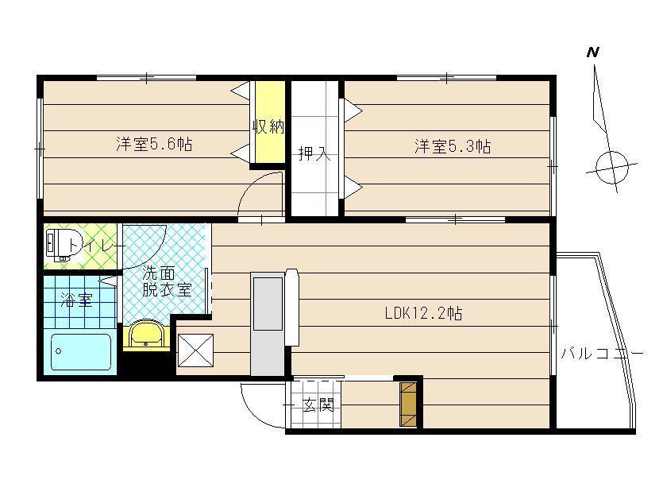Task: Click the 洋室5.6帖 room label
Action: tap(154, 145)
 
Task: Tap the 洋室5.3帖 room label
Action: tap(453, 146)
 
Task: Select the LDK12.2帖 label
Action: tap(423, 313)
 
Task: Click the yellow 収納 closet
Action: tap(269, 122)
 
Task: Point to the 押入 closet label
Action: tap(314, 153)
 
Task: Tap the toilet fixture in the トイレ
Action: tap(64, 245)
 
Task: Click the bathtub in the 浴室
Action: tap(81, 352)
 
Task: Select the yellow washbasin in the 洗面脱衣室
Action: tap(146, 333)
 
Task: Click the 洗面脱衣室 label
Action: tap(167, 281)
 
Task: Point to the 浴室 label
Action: tap(76, 300)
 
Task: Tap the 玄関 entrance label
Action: tap(318, 405)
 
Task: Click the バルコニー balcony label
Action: tap(602, 354)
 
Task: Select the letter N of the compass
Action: tap(592, 52)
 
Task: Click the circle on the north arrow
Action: tap(611, 167)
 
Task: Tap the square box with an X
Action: tap(196, 350)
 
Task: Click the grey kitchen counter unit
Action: tap(268, 324)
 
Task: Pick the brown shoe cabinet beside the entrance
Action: tap(408, 405)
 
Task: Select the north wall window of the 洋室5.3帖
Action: tap(446, 78)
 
